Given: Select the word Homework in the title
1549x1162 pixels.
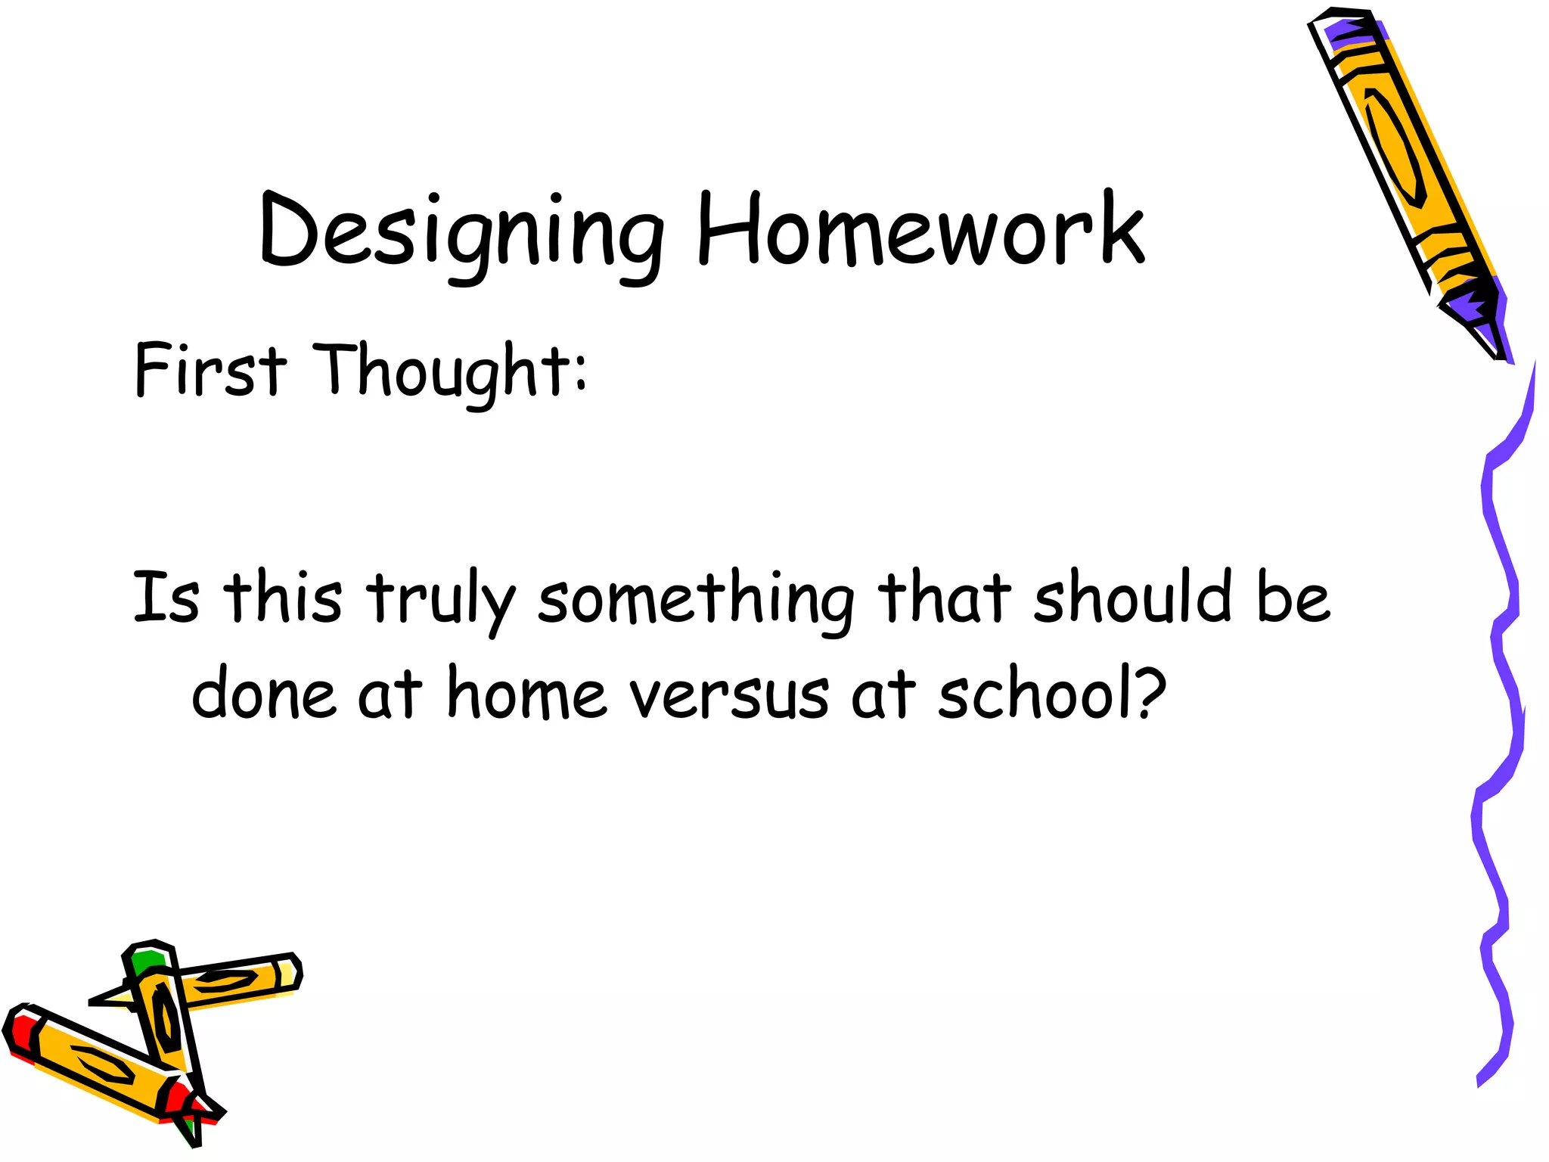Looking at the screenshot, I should pos(920,228).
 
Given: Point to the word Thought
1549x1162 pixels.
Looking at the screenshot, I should pos(438,371).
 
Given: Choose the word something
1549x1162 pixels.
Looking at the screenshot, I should pos(696,600).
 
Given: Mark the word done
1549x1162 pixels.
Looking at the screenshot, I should pos(263,693).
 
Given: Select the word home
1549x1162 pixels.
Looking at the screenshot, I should pos(526,693).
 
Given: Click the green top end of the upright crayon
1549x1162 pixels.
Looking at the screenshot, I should pos(148,960).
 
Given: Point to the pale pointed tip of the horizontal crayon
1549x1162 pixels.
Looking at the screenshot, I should pos(110,999).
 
